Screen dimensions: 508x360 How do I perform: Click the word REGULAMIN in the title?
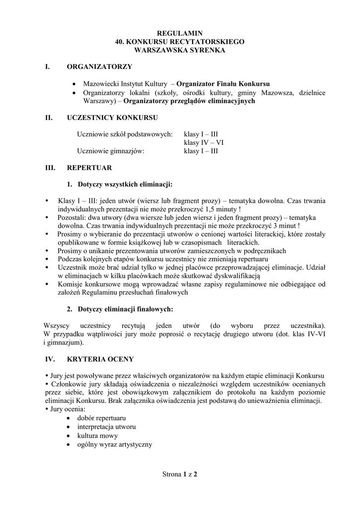coord(180,33)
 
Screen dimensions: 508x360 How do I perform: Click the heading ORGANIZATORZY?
coord(99,66)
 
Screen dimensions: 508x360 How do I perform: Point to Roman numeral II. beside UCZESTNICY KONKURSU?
coord(49,118)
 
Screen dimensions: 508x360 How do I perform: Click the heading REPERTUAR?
coord(89,168)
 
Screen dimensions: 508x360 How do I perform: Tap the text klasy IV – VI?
coord(204,143)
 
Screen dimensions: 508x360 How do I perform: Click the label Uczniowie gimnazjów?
coord(110,152)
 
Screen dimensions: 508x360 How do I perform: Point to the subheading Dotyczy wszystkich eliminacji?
coord(125,185)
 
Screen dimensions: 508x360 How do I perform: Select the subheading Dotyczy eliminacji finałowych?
coord(125,310)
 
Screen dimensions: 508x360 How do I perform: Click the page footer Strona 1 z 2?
coord(180,475)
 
